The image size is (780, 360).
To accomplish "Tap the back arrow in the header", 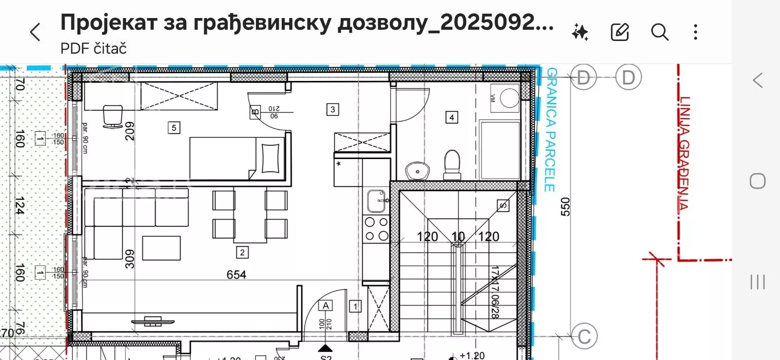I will (35, 33).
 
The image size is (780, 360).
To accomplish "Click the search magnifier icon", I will (659, 32).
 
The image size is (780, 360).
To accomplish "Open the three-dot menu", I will (696, 32).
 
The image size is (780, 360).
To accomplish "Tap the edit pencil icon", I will (620, 32).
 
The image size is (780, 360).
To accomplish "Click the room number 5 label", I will (174, 128).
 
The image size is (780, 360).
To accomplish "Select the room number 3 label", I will (332, 109).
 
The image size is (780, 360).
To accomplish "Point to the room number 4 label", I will (451, 117).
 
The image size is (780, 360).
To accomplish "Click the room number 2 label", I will (242, 252).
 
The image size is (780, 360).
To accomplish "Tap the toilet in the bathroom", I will (452, 164).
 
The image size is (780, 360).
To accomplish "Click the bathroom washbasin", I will (417, 171).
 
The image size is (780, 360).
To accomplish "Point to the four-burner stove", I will (377, 229).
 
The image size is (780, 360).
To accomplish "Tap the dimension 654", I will (236, 275).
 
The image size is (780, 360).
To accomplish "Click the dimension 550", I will (565, 206).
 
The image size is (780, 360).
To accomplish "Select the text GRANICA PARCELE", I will (550, 129).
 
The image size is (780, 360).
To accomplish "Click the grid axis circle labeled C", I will (584, 336).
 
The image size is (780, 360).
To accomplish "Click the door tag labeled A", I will (326, 306).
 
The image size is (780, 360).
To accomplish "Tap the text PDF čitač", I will (94, 49).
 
